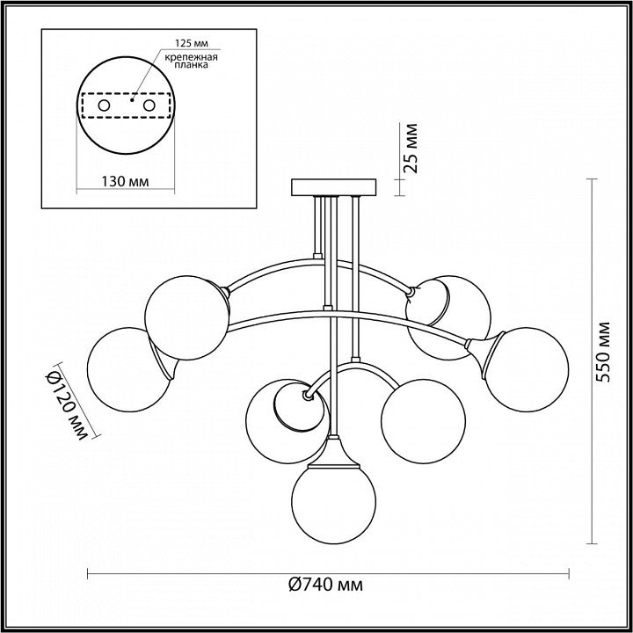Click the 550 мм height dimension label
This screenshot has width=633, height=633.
click(x=603, y=352)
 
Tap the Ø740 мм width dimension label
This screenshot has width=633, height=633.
click(x=325, y=584)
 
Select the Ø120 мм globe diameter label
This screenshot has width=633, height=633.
click(x=66, y=406)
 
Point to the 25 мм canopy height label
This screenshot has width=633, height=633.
click(x=411, y=149)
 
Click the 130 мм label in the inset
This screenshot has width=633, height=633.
click(x=125, y=182)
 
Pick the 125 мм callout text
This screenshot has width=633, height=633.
click(x=192, y=44)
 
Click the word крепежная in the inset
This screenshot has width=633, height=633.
click(x=192, y=57)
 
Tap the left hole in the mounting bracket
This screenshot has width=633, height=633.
click(x=104, y=105)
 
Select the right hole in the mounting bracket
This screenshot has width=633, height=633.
click(x=149, y=105)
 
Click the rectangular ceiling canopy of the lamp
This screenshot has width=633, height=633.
click(x=333, y=187)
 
